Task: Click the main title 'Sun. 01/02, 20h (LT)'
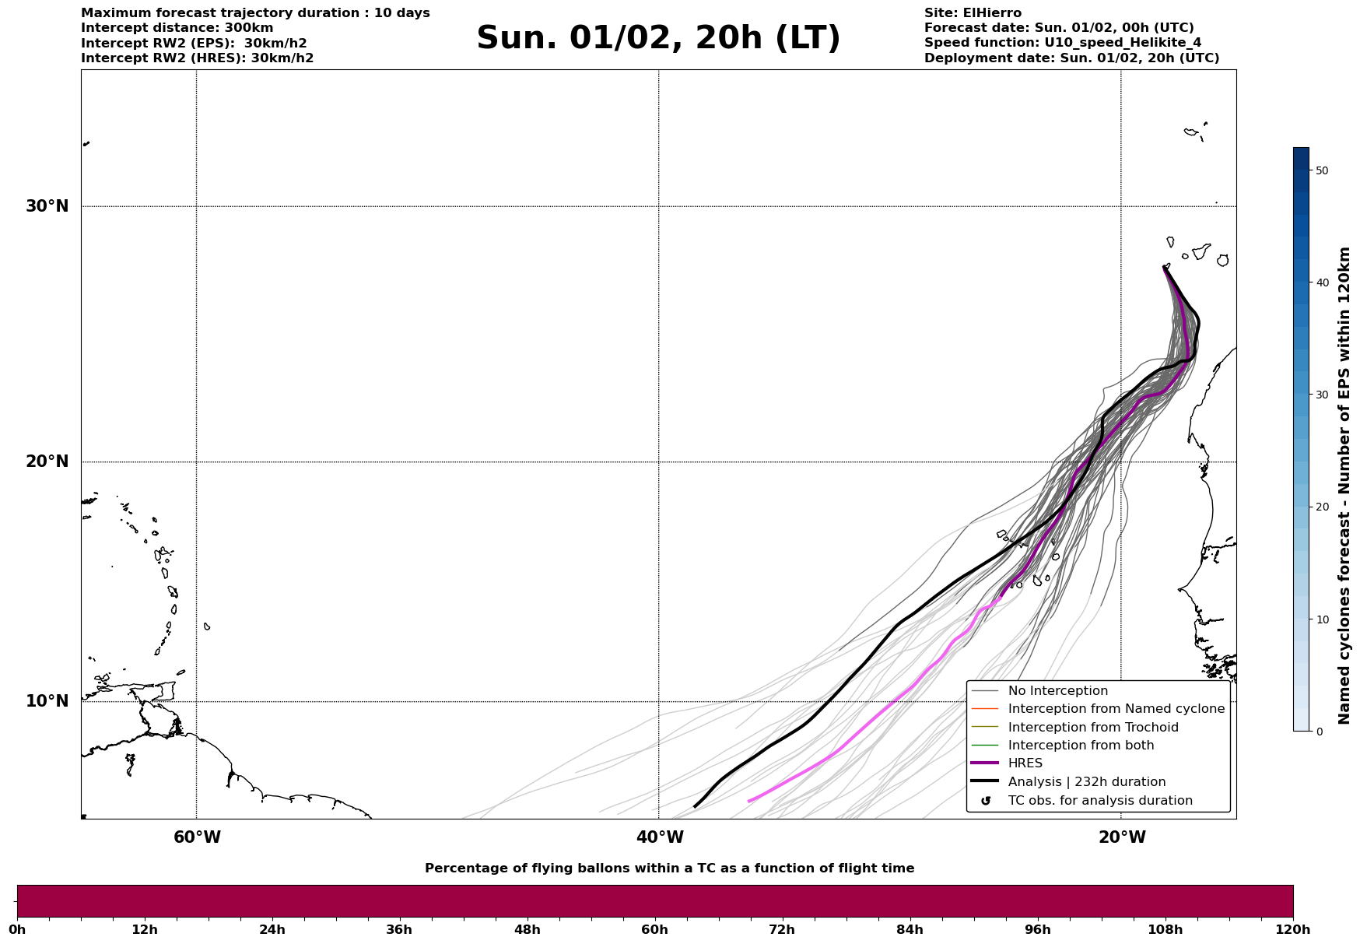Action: (658, 38)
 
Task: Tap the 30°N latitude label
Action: (47, 206)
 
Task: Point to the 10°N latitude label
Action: (47, 701)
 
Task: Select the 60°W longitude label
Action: (197, 837)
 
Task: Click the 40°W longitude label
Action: (660, 837)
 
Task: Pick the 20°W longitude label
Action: (1122, 837)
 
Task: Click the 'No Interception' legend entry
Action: (1057, 691)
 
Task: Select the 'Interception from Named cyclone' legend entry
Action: (1116, 709)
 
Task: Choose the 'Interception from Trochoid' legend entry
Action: (1092, 728)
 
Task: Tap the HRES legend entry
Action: (1025, 763)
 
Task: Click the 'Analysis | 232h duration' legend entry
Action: (1086, 782)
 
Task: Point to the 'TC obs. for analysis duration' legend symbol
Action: (986, 801)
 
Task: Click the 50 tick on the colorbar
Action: (1322, 170)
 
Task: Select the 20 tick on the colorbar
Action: (1322, 507)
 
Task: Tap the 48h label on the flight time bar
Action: (527, 929)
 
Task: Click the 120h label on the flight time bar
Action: (1292, 929)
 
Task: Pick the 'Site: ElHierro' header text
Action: (973, 13)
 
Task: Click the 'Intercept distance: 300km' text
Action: (177, 28)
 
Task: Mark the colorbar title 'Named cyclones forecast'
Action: (1344, 486)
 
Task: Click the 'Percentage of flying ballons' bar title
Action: (669, 869)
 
